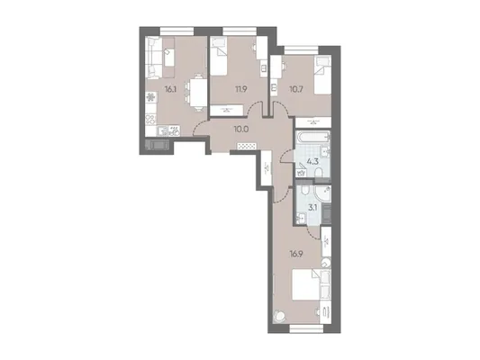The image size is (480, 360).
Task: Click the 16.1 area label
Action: click(169, 89)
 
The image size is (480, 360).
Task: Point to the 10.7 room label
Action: click(295, 89)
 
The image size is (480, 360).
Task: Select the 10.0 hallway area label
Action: click(241, 130)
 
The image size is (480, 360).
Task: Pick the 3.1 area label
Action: click(312, 208)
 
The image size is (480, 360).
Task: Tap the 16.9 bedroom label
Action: click(296, 254)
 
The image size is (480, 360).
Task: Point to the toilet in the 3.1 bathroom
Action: click(305, 192)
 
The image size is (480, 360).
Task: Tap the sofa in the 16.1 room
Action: click(154, 57)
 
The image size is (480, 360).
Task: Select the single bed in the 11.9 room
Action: click(219, 57)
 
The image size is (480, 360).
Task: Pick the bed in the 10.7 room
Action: click(322, 76)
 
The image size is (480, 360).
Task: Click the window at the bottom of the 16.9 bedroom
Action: click(306, 328)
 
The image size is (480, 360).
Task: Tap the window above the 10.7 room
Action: click(301, 49)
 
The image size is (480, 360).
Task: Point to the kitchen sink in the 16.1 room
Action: click(161, 131)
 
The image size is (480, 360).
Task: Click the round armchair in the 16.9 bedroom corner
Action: click(279, 316)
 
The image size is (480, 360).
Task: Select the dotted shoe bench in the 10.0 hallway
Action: click(247, 146)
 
